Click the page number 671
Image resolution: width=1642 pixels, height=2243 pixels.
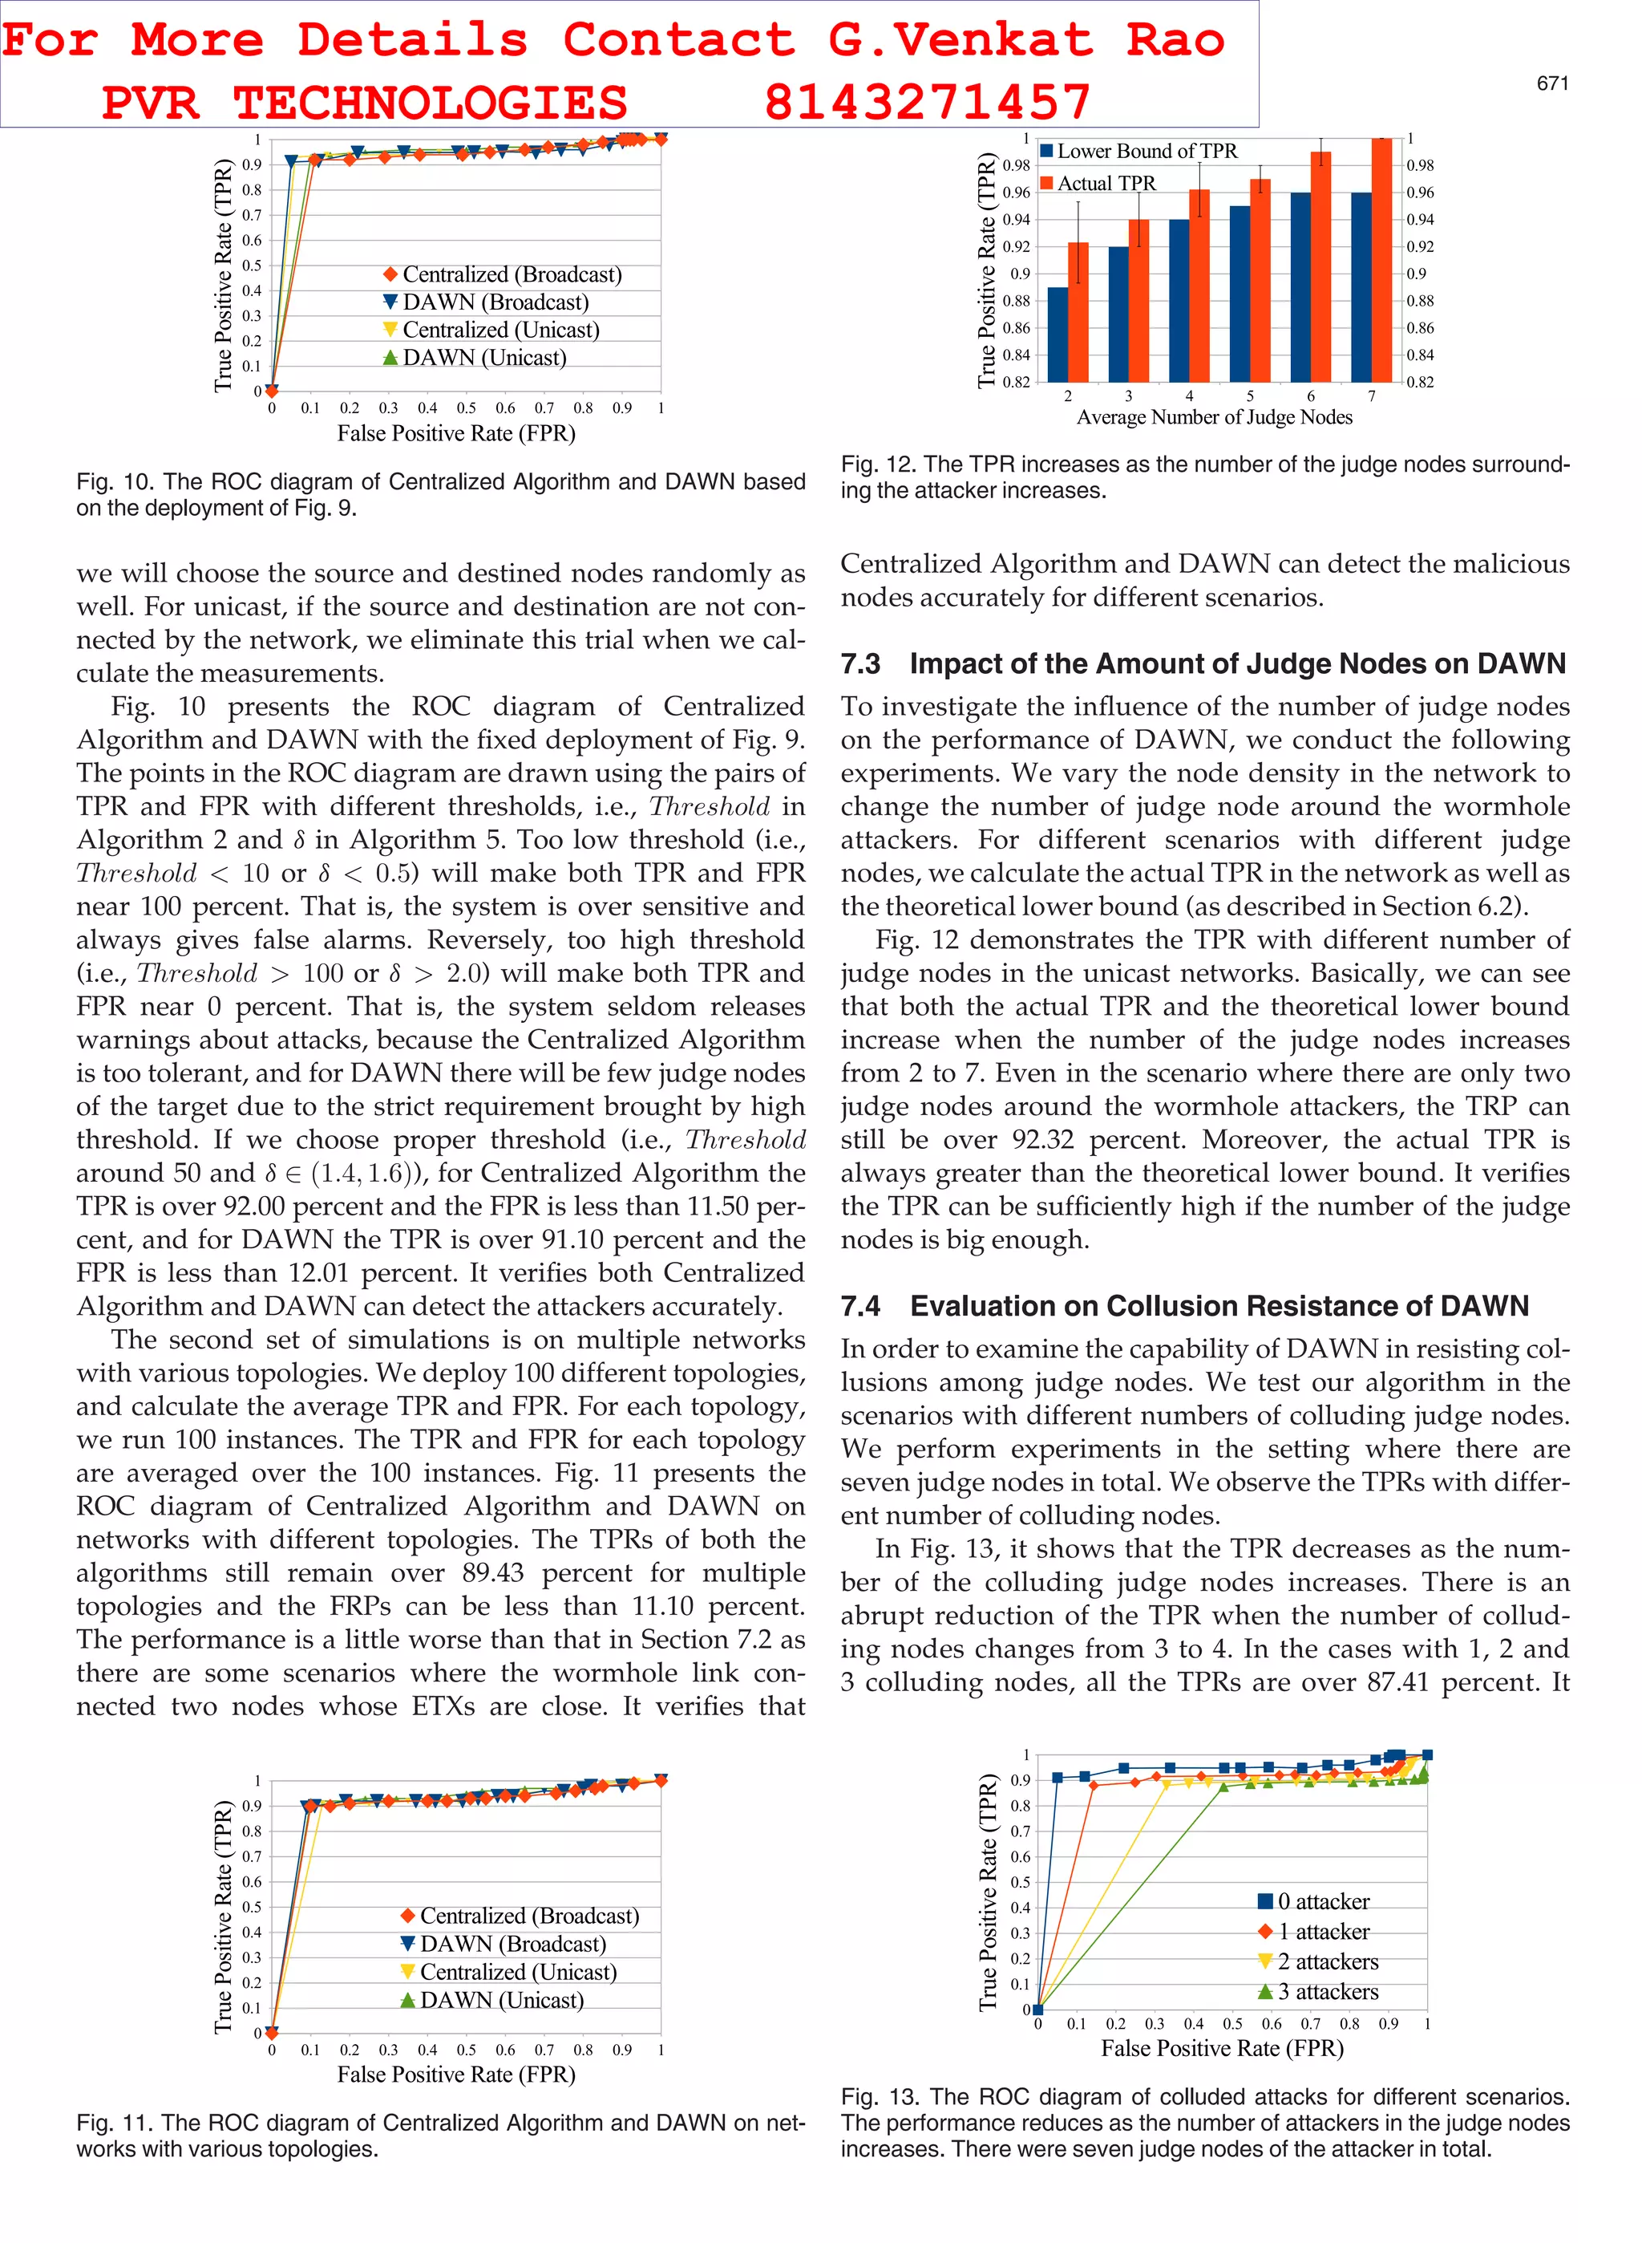click(x=1551, y=83)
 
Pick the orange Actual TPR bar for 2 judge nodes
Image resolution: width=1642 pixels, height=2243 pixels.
click(x=1078, y=311)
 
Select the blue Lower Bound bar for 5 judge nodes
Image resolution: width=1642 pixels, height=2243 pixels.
click(x=1240, y=294)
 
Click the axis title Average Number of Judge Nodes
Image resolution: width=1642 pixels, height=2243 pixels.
click(x=1214, y=418)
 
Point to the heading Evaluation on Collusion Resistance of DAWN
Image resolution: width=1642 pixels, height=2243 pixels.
click(x=1219, y=1305)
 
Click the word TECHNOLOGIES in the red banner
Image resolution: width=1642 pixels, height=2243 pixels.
click(x=430, y=103)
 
